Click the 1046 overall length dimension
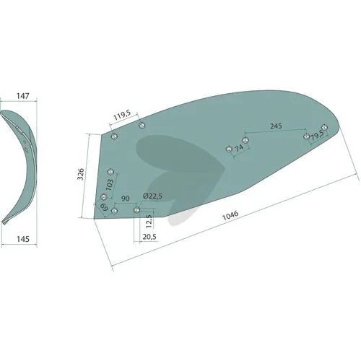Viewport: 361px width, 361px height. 230,216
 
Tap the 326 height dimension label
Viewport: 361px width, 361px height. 81,174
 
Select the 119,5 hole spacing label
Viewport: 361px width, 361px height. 122,116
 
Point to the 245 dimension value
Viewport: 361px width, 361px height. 276,126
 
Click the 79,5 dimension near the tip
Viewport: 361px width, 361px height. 316,136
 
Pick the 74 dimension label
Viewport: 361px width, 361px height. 239,148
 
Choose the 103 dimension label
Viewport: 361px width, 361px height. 109,185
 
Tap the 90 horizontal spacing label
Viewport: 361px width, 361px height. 125,199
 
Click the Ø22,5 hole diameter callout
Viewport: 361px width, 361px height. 152,196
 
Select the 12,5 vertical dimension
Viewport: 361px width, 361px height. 149,222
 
